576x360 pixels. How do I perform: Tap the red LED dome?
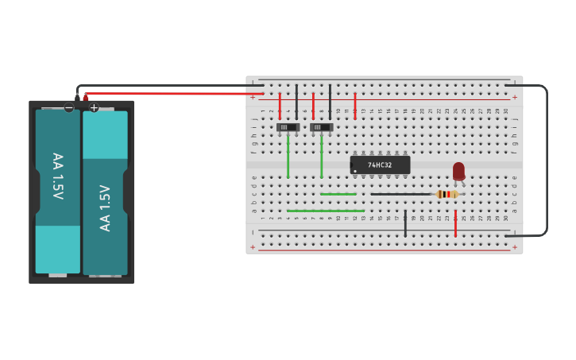pyautogui.click(x=458, y=170)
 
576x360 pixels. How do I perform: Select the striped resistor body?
pyautogui.click(x=448, y=194)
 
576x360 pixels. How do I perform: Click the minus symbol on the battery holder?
pyautogui.click(x=69, y=107)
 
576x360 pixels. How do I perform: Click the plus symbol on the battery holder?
pyautogui.click(x=94, y=107)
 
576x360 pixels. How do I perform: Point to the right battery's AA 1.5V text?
pyautogui.click(x=105, y=207)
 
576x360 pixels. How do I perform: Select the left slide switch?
pyautogui.click(x=288, y=127)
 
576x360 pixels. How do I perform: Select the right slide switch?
pyautogui.click(x=321, y=127)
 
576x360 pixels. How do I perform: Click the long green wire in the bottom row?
pyautogui.click(x=326, y=211)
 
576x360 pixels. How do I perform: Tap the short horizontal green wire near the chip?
pyautogui.click(x=338, y=194)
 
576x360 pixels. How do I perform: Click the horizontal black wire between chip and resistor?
pyautogui.click(x=401, y=194)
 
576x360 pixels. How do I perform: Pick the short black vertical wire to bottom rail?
pyautogui.click(x=405, y=224)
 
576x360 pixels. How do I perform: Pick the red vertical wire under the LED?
pyautogui.click(x=455, y=224)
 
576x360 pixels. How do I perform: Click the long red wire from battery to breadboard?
pyautogui.click(x=167, y=93)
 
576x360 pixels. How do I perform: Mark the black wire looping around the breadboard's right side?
pyautogui.click(x=547, y=159)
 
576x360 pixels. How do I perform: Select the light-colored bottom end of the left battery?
pyautogui.click(x=58, y=250)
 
